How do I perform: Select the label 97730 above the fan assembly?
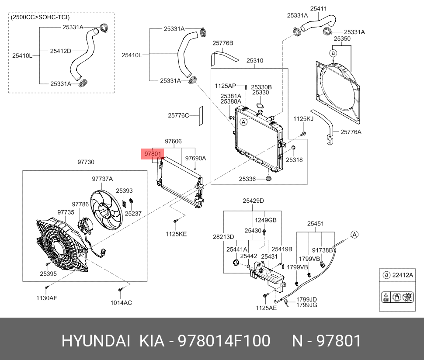[x=86, y=162]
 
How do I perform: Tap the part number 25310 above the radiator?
[x=254, y=61]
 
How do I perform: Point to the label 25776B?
[x=223, y=43]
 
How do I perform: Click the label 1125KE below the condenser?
[x=176, y=234]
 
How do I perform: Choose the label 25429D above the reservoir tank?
[x=254, y=201]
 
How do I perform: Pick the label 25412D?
[x=60, y=51]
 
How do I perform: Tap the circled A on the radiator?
[x=244, y=123]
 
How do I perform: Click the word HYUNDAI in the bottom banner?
[x=96, y=341]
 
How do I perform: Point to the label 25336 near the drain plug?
[x=247, y=179]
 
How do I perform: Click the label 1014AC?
[x=121, y=302]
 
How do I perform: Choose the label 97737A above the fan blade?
[x=102, y=179]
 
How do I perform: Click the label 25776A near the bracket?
[x=351, y=132]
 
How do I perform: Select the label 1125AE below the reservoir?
[x=266, y=308]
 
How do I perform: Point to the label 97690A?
[x=195, y=158]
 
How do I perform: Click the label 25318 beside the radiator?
[x=294, y=160]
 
